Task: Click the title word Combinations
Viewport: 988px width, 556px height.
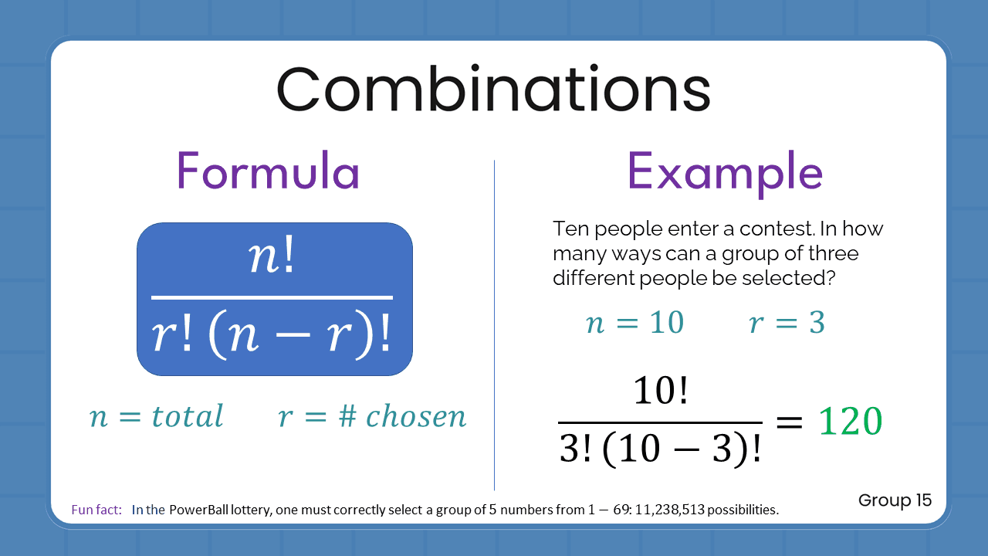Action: pos(493,90)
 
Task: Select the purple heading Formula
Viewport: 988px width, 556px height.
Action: pos(268,171)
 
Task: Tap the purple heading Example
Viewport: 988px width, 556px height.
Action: pos(724,171)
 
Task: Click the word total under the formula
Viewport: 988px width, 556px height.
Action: pos(187,417)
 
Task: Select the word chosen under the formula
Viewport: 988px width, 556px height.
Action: pos(416,417)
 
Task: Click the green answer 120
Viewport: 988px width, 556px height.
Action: pos(850,422)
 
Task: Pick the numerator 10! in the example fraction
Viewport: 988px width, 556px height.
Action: pos(660,394)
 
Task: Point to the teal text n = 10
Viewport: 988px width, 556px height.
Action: pos(635,323)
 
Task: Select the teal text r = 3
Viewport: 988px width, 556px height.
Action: pos(787,323)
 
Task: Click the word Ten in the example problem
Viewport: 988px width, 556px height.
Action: pos(570,229)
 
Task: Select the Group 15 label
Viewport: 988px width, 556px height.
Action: pos(895,500)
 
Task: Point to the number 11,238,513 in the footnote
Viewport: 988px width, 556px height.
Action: pos(668,510)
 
